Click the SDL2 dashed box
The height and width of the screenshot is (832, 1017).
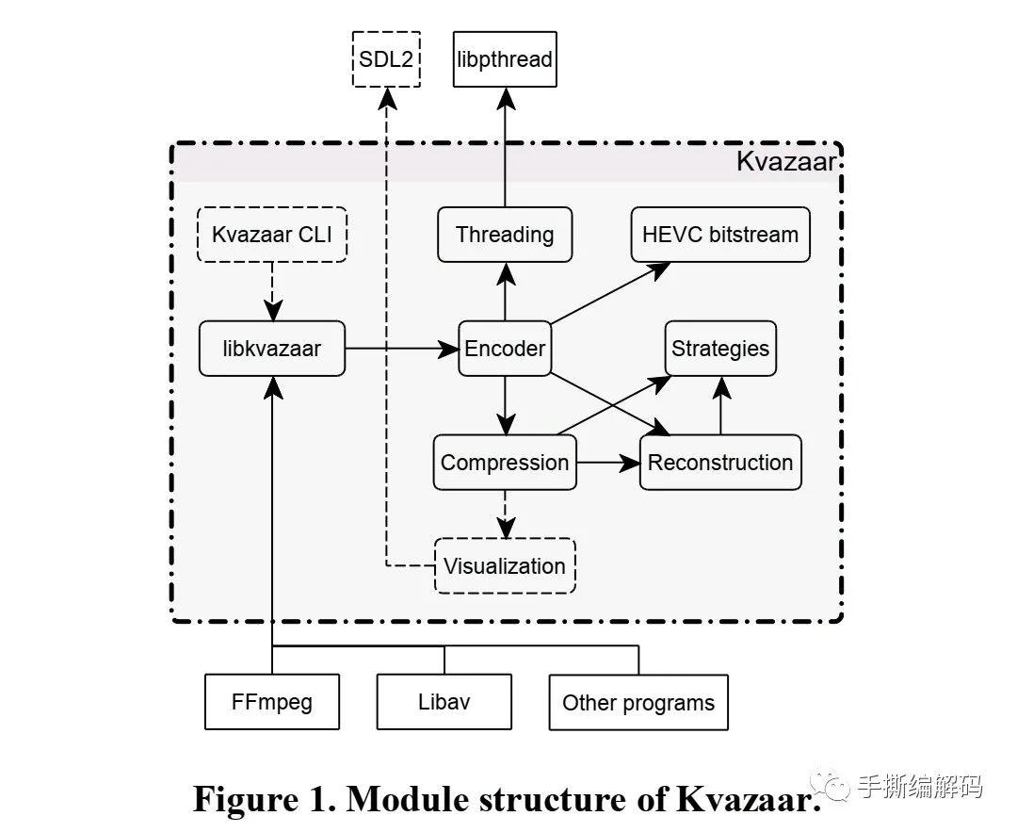point(386,59)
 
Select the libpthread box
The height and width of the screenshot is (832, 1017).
point(504,59)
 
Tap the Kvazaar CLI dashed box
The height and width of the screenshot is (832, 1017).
point(272,235)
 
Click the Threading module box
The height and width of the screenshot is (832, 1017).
point(505,235)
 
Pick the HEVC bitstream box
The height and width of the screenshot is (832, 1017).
point(720,235)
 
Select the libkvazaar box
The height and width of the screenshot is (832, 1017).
point(272,349)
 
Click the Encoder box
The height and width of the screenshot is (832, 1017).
point(505,349)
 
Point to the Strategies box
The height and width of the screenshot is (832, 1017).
point(720,349)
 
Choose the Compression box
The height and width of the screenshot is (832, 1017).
point(505,463)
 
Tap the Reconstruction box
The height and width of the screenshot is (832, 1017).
point(720,463)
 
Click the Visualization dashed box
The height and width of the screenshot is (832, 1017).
point(505,566)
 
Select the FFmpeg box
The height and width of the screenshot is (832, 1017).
point(272,702)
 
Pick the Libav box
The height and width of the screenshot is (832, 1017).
point(444,702)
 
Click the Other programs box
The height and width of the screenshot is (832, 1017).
point(638,702)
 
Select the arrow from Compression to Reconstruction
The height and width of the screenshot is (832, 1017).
point(607,463)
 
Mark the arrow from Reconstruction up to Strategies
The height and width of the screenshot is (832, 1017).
point(721,405)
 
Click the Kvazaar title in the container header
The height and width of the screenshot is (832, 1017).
point(785,162)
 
